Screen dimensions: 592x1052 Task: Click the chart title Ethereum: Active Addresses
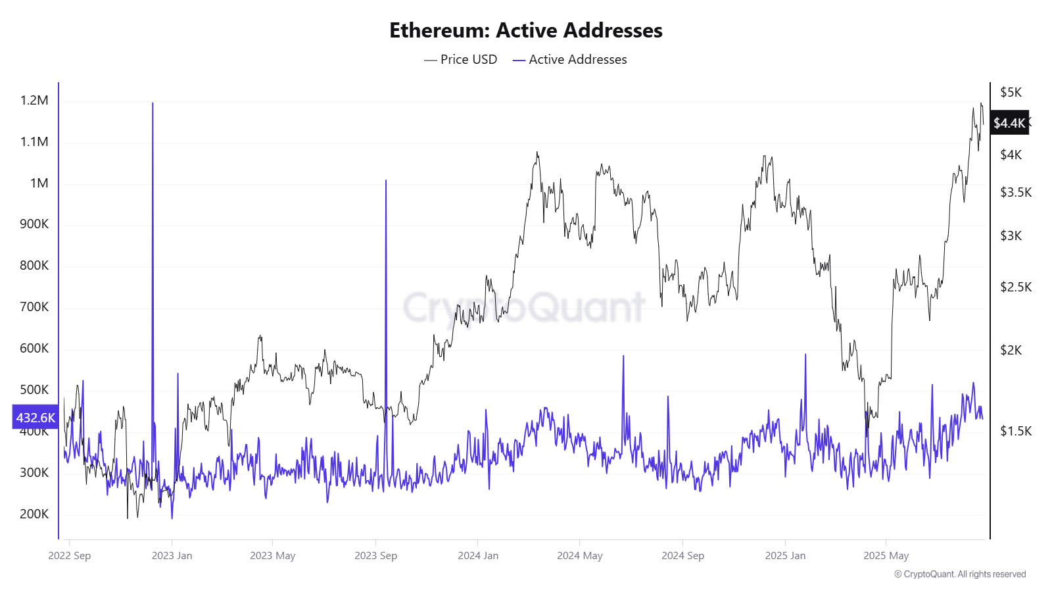(526, 30)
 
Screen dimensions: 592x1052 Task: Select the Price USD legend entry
(461, 59)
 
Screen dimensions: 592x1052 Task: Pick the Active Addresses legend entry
(570, 59)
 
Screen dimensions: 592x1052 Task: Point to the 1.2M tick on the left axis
(34, 101)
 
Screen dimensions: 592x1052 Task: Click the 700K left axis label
(34, 307)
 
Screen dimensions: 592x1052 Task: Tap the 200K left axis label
(34, 514)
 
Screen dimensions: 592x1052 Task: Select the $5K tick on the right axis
(1011, 92)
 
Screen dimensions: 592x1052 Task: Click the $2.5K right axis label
(1016, 287)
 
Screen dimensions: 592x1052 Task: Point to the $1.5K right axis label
(1016, 431)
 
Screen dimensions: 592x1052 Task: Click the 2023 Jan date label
(172, 556)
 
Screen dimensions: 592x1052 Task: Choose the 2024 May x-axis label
(579, 556)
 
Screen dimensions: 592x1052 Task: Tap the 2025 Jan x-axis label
(785, 556)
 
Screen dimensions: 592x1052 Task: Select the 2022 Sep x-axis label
(70, 556)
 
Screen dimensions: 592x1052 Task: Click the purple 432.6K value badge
(36, 418)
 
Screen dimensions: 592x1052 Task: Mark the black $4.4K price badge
(1009, 123)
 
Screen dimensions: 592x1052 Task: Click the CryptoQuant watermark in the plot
(524, 307)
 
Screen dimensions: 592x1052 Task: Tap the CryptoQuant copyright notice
(960, 574)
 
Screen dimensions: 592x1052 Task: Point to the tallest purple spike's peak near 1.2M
(153, 103)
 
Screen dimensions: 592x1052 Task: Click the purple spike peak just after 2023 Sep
(386, 181)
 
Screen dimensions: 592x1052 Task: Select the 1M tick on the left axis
(39, 183)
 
